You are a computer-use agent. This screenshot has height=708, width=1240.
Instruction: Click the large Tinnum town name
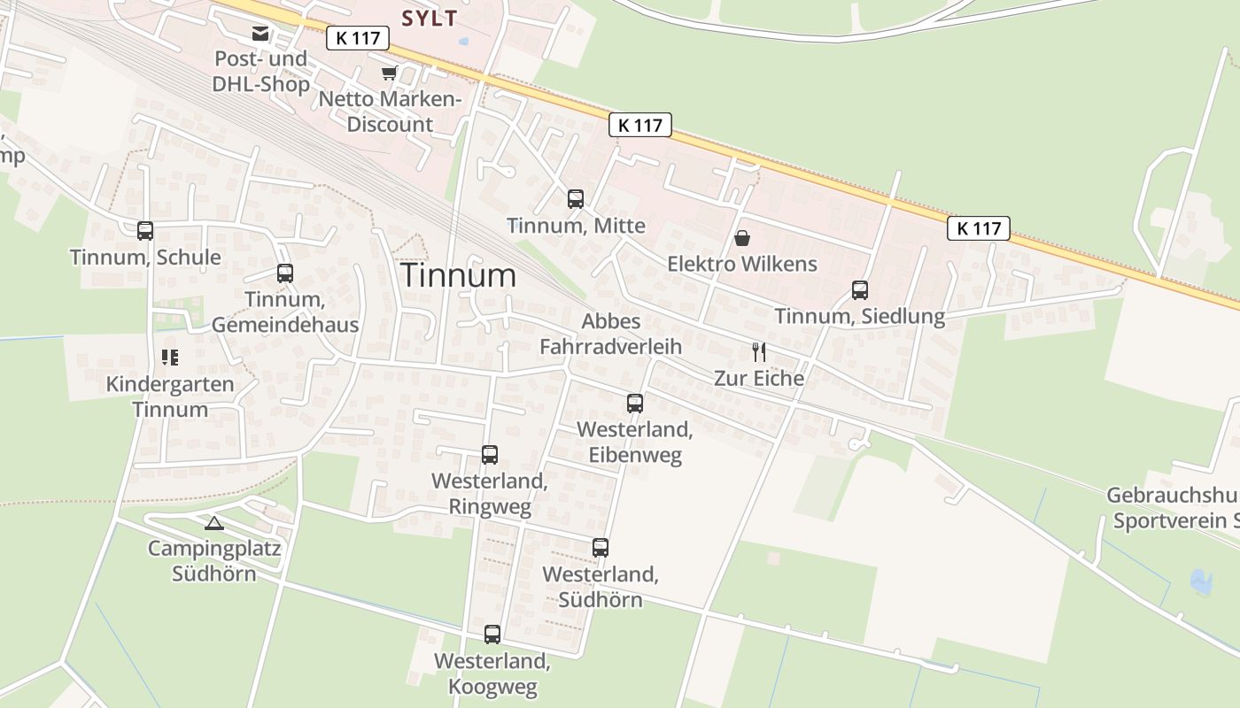pyautogui.click(x=458, y=275)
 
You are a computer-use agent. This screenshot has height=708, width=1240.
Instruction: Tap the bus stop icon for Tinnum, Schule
pyautogui.click(x=145, y=231)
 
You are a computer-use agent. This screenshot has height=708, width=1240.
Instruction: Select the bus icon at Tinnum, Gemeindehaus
pyautogui.click(x=284, y=273)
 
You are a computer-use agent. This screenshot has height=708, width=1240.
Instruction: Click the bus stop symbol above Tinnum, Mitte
pyautogui.click(x=576, y=199)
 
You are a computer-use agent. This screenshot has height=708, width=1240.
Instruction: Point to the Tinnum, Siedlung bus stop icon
pyautogui.click(x=859, y=290)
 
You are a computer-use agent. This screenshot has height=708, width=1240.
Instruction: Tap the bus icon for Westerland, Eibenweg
pyautogui.click(x=634, y=404)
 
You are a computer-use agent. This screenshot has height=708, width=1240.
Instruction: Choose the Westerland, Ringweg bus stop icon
pyautogui.click(x=489, y=455)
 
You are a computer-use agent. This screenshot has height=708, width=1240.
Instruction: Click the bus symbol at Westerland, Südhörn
pyautogui.click(x=600, y=548)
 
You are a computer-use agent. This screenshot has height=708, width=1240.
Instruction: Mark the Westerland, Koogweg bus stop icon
pyautogui.click(x=492, y=635)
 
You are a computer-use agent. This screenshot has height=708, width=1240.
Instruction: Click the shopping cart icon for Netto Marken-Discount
pyautogui.click(x=389, y=73)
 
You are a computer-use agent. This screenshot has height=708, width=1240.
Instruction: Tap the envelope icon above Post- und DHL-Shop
pyautogui.click(x=260, y=34)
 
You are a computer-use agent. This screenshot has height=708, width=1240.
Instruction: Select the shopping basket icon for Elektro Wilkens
pyautogui.click(x=742, y=238)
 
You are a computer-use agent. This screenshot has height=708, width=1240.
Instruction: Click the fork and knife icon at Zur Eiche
pyautogui.click(x=759, y=352)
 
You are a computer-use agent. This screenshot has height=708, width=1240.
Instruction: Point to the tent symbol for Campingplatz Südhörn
pyautogui.click(x=213, y=523)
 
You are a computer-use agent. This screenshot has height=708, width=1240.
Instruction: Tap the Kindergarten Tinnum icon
pyautogui.click(x=169, y=358)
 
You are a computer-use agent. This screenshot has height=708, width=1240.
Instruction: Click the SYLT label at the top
pyautogui.click(x=430, y=19)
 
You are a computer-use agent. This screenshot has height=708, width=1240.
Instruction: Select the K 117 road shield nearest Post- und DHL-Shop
pyautogui.click(x=358, y=38)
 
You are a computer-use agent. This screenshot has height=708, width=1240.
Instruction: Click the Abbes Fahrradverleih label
pyautogui.click(x=611, y=334)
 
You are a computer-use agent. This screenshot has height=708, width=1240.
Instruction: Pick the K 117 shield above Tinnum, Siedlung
pyautogui.click(x=979, y=228)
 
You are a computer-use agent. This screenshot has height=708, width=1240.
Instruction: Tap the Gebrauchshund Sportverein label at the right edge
pyautogui.click(x=1173, y=508)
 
